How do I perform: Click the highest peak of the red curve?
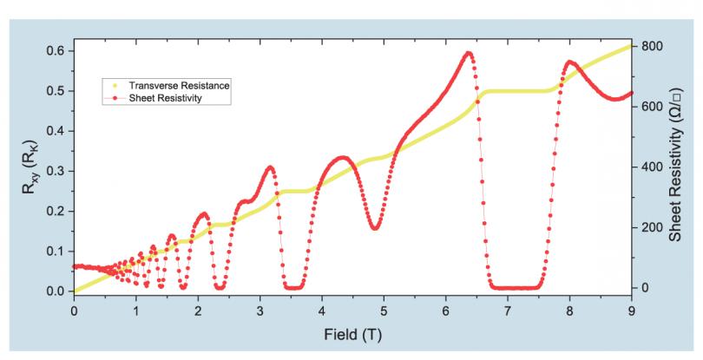click(470, 53)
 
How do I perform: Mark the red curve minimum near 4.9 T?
click(375, 228)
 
